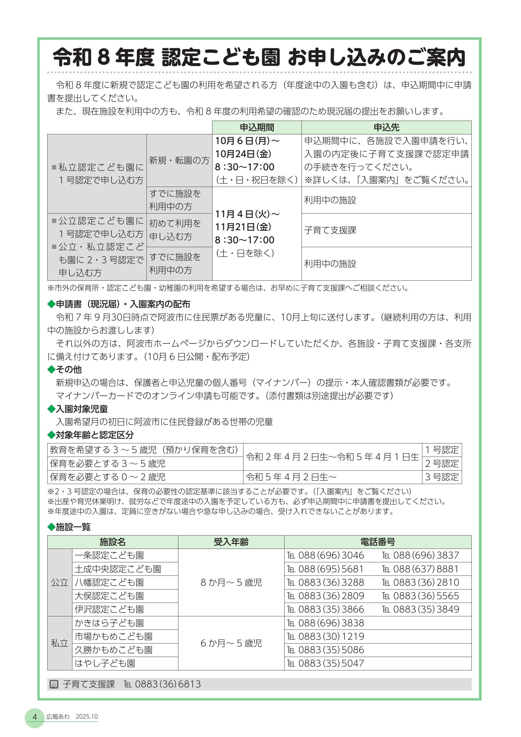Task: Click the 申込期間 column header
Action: pyautogui.click(x=257, y=127)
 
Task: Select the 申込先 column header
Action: pyautogui.click(x=386, y=127)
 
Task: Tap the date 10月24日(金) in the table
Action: pyautogui.click(x=243, y=154)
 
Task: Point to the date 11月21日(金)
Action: pyautogui.click(x=243, y=227)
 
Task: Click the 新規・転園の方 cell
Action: pyautogui.click(x=179, y=160)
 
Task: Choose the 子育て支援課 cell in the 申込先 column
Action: pyautogui.click(x=330, y=230)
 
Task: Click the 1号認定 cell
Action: pyautogui.click(x=442, y=450)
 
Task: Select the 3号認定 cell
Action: pyautogui.click(x=442, y=477)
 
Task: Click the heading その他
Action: pyautogui.click(x=69, y=370)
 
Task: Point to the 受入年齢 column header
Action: pyautogui.click(x=231, y=542)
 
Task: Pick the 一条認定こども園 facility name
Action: pyautogui.click(x=109, y=555)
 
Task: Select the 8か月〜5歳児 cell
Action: pyautogui.click(x=231, y=582)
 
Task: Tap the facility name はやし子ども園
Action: pyautogui.click(x=105, y=663)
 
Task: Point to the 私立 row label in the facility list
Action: pyautogui.click(x=60, y=643)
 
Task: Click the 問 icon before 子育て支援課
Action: pyautogui.click(x=54, y=684)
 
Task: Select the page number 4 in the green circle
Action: pyautogui.click(x=35, y=717)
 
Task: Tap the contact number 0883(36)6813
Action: pyautogui.click(x=168, y=684)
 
